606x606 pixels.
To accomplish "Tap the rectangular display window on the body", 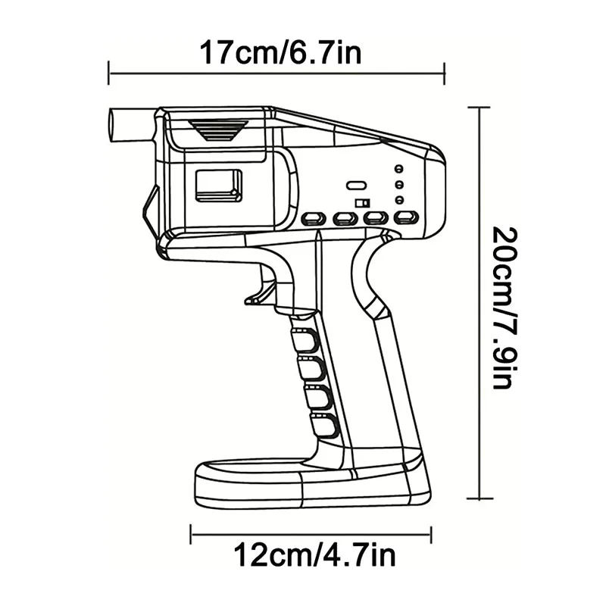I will click(x=218, y=186).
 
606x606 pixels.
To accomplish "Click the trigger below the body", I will click(x=261, y=292).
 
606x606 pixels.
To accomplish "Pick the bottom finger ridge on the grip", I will click(x=324, y=425).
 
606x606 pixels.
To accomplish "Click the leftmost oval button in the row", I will click(x=312, y=219).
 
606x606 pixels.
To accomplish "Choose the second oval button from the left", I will click(x=345, y=219).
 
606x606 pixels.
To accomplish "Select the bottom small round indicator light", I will click(x=398, y=200).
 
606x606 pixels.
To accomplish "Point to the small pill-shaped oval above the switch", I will click(x=355, y=185).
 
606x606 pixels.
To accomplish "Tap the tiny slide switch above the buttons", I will click(x=363, y=203).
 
